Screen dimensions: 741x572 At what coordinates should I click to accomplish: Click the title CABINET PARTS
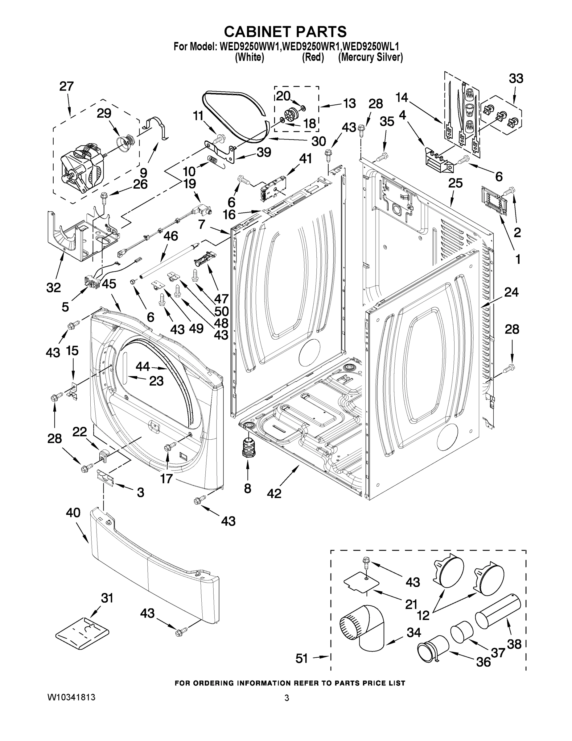(285, 31)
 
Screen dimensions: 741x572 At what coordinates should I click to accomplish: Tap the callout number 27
(66, 86)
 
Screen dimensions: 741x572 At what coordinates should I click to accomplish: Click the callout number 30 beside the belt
(319, 141)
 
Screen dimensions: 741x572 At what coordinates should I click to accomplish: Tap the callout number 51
(302, 659)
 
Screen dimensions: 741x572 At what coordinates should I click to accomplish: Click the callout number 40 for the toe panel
(73, 513)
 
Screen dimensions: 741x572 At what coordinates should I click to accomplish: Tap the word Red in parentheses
(313, 57)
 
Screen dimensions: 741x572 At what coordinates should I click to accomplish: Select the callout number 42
(274, 494)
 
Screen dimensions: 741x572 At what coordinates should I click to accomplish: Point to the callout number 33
(516, 78)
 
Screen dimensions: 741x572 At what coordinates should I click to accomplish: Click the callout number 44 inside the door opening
(143, 366)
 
